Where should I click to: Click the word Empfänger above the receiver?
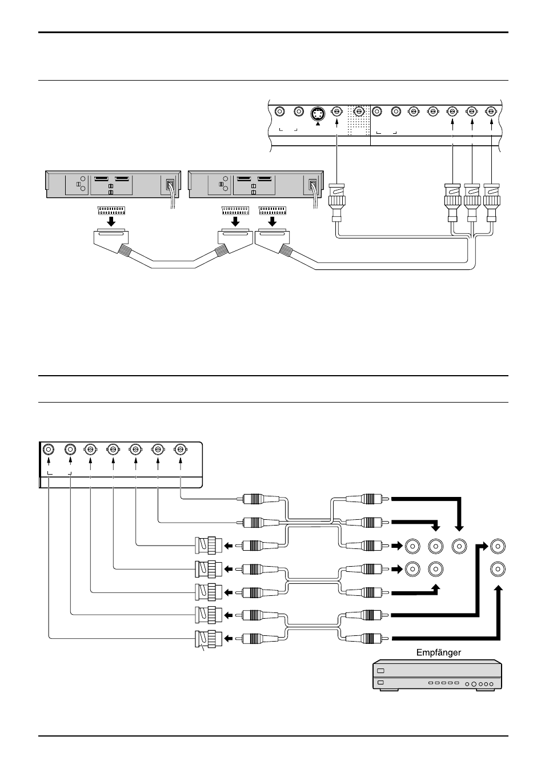tap(438, 652)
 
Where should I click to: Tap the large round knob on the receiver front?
tap(474, 684)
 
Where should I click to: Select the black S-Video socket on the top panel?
tap(318, 113)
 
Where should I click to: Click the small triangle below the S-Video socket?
tap(318, 123)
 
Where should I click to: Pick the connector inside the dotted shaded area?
tap(359, 112)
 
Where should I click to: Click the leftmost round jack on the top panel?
tap(280, 112)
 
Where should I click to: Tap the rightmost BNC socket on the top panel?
tap(490, 112)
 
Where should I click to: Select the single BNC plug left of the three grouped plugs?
tap(336, 202)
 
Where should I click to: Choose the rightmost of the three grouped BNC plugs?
tap(492, 202)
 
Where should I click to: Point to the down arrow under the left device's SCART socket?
tap(111, 221)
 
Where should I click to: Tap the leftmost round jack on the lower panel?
tap(48, 449)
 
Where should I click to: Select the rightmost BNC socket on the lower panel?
tap(181, 449)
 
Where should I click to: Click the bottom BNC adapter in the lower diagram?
tap(209, 638)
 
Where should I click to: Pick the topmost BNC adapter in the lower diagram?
tap(209, 546)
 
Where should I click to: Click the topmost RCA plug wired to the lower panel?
tap(260, 499)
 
